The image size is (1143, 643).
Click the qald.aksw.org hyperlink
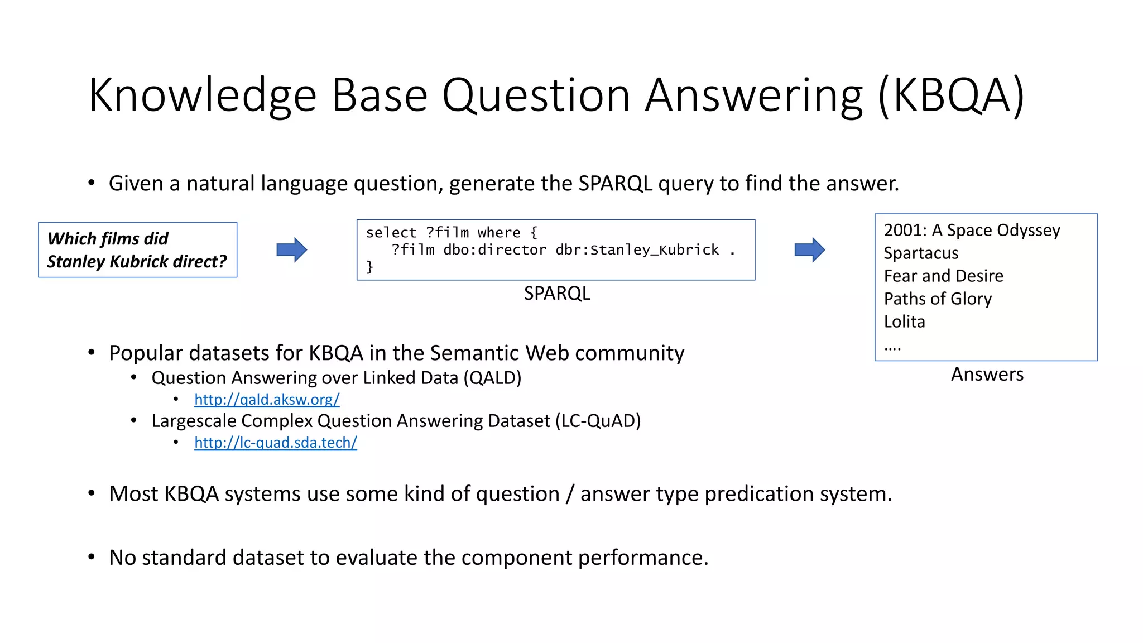(x=267, y=400)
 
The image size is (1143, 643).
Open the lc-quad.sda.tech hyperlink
(x=276, y=443)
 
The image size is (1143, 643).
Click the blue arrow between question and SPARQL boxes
(x=291, y=249)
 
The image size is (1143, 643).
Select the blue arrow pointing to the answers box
(x=809, y=249)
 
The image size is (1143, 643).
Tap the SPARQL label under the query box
(x=556, y=294)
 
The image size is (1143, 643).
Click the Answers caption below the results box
(x=987, y=375)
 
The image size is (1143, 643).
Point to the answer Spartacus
(x=921, y=253)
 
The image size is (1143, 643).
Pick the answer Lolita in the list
(x=904, y=322)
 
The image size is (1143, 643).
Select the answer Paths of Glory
(x=938, y=299)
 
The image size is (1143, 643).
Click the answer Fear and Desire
(x=943, y=276)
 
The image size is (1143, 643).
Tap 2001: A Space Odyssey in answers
(x=972, y=231)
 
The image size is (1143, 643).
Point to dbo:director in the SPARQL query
(x=494, y=250)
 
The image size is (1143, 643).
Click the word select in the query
(x=391, y=233)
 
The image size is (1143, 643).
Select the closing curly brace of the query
(x=369, y=267)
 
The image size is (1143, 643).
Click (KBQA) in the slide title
(x=951, y=96)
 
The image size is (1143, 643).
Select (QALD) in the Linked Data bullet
(x=492, y=378)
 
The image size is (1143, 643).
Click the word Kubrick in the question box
(x=139, y=262)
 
